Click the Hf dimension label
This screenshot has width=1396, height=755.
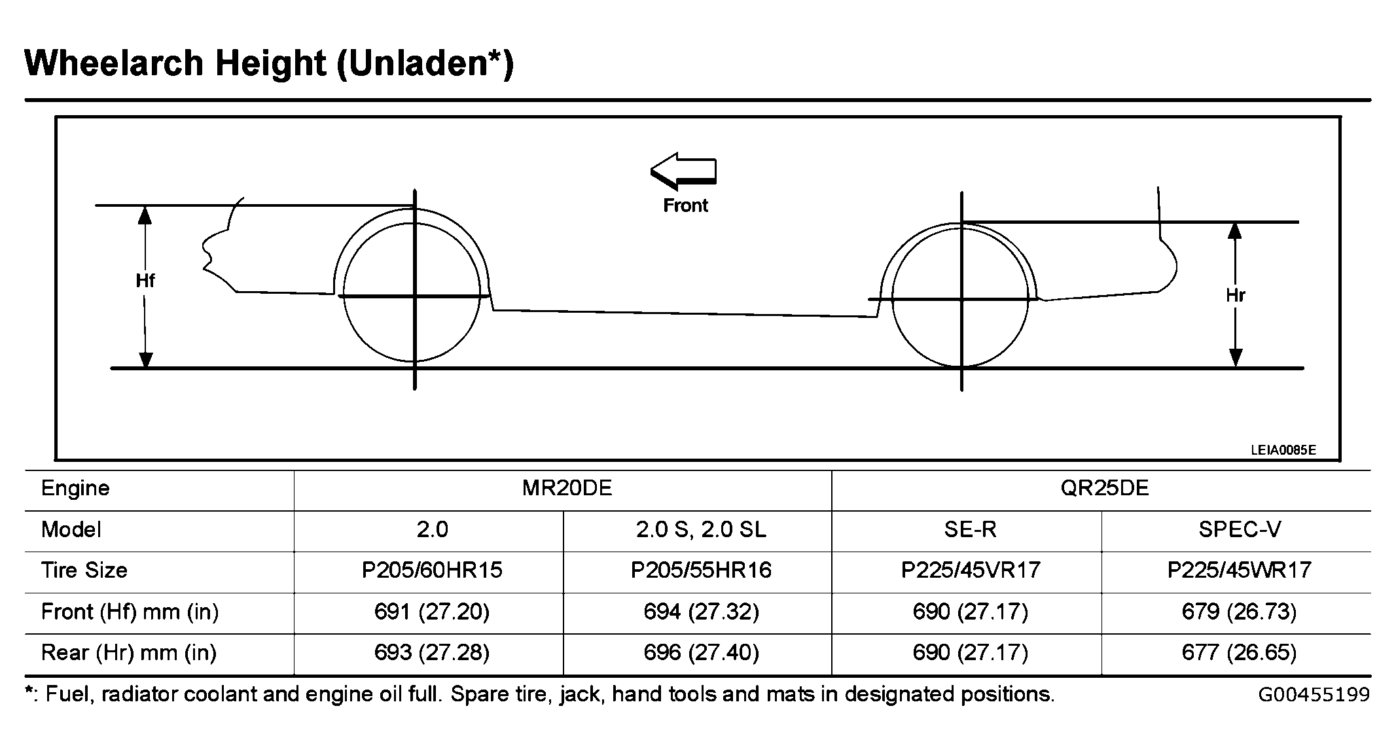[x=145, y=281]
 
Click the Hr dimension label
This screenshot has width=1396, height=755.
[x=1235, y=296]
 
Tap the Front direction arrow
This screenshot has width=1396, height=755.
[x=683, y=171]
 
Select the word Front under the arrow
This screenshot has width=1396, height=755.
[x=685, y=205]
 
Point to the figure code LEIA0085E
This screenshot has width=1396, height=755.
[x=1283, y=449]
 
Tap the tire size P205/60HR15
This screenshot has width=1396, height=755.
[x=432, y=571]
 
